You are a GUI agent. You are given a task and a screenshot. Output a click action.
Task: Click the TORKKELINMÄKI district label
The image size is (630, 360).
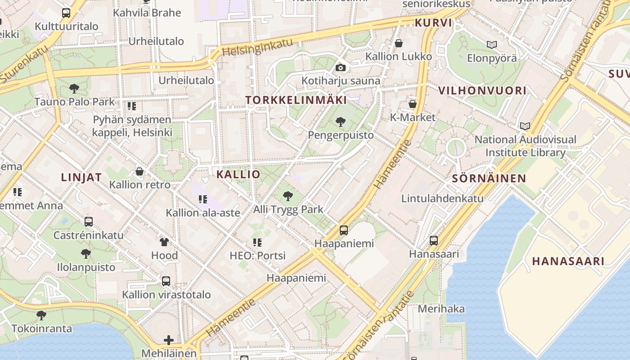pos(296,100)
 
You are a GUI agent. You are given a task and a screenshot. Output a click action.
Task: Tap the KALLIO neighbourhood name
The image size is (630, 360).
pos(238,174)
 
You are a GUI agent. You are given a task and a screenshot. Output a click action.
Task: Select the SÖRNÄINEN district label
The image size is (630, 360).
pos(489,178)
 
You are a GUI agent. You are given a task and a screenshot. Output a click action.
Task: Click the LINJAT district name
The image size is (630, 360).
pos(81,177)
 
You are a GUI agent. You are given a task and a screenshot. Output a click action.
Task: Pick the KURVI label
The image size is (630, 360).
pos(433,22)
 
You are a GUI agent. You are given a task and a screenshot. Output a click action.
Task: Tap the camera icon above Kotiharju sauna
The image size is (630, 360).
pos(341,68)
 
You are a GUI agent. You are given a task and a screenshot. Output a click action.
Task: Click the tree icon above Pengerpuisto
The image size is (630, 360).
pos(341,121)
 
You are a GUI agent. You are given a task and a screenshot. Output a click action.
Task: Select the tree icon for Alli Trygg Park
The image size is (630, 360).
pos(288,196)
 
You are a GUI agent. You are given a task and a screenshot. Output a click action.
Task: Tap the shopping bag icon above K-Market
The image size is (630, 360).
pos(412,104)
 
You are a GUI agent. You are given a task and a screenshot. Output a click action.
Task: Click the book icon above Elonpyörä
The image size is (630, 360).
pos(492,45)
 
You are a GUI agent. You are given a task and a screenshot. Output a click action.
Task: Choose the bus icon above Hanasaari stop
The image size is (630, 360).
pos(433,240)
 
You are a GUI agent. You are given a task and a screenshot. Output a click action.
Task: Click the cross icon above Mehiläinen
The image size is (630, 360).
pos(169,340)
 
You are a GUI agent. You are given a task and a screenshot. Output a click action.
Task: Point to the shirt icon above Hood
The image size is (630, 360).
pos(164,242)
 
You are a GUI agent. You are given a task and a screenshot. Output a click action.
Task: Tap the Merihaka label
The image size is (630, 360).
pos(441,309)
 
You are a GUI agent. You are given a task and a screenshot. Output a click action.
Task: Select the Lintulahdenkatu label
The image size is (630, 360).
pos(442,198)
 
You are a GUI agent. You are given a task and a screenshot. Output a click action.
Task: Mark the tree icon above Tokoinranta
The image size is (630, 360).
pos(41,315)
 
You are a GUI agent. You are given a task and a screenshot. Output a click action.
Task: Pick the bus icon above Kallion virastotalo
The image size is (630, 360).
pos(166,281)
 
